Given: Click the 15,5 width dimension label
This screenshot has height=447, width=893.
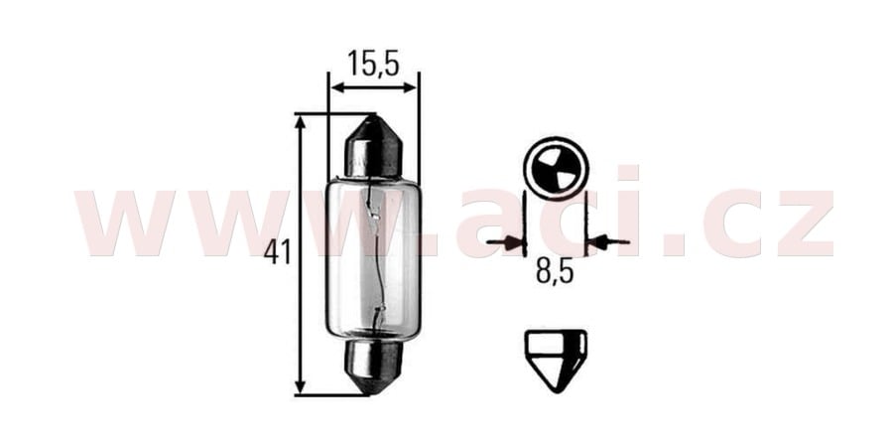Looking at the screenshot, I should tap(373, 65).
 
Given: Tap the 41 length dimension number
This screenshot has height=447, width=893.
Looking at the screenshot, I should tap(278, 253).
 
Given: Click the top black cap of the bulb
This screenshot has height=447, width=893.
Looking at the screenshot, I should tap(373, 147).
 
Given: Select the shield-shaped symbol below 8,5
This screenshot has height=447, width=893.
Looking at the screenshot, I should tap(555, 356).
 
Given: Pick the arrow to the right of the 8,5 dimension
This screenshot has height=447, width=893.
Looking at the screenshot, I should tap(605, 241).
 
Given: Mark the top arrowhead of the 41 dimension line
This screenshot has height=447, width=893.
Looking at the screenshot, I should tap(301, 121).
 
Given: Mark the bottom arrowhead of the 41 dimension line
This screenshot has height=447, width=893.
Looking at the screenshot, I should tap(301, 386).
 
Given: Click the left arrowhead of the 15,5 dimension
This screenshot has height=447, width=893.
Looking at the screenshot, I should tap(335, 87).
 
